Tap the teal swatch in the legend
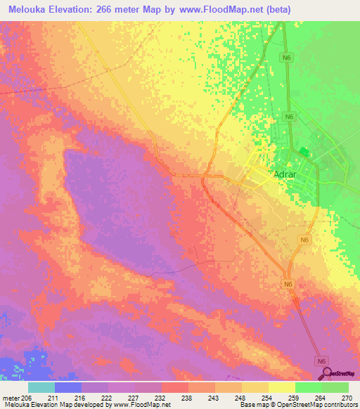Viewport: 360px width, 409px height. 41,388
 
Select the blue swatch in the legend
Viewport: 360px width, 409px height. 68,388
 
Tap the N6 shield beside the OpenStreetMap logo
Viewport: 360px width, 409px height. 322,361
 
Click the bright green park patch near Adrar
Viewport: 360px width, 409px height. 303,151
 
